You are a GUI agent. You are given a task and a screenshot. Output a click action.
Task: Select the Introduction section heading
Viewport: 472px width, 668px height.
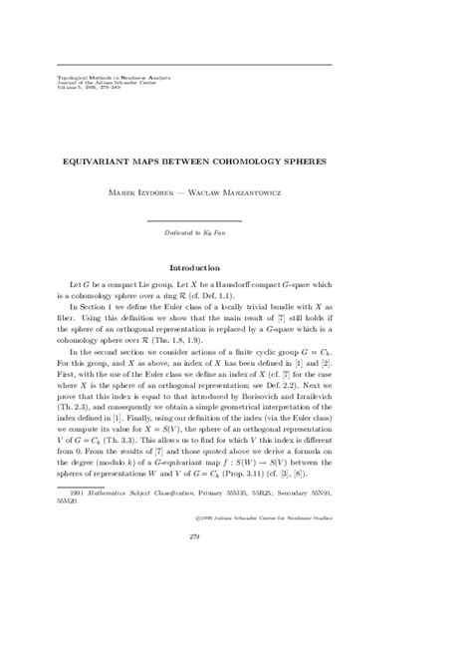tap(235, 268)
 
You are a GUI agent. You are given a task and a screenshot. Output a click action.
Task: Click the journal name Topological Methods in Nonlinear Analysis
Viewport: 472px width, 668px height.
tap(95, 74)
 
